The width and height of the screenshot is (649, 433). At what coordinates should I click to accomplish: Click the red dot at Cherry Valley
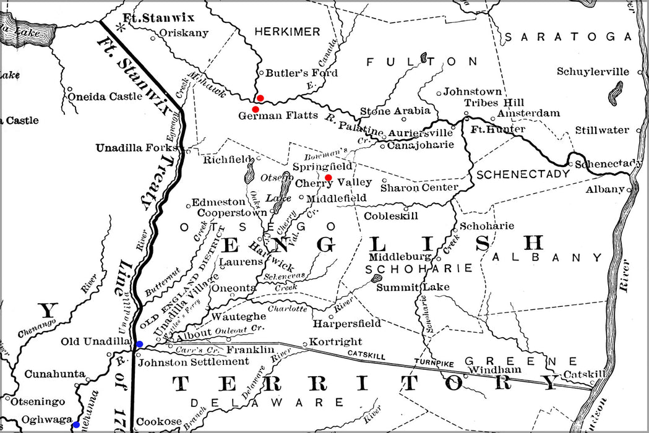pos(329,178)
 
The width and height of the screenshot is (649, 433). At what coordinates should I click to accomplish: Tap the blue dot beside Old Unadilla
pos(139,344)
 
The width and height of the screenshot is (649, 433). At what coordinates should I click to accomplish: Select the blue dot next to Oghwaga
pos(75,424)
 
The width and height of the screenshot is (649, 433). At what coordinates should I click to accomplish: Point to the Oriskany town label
pos(184,33)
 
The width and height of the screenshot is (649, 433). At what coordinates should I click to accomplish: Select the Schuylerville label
pos(593,71)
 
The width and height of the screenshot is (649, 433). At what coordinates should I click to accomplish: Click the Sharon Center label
pos(419,187)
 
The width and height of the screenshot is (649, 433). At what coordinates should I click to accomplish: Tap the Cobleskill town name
pos(391,216)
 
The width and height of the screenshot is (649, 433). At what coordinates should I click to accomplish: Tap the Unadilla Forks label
pos(140,148)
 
